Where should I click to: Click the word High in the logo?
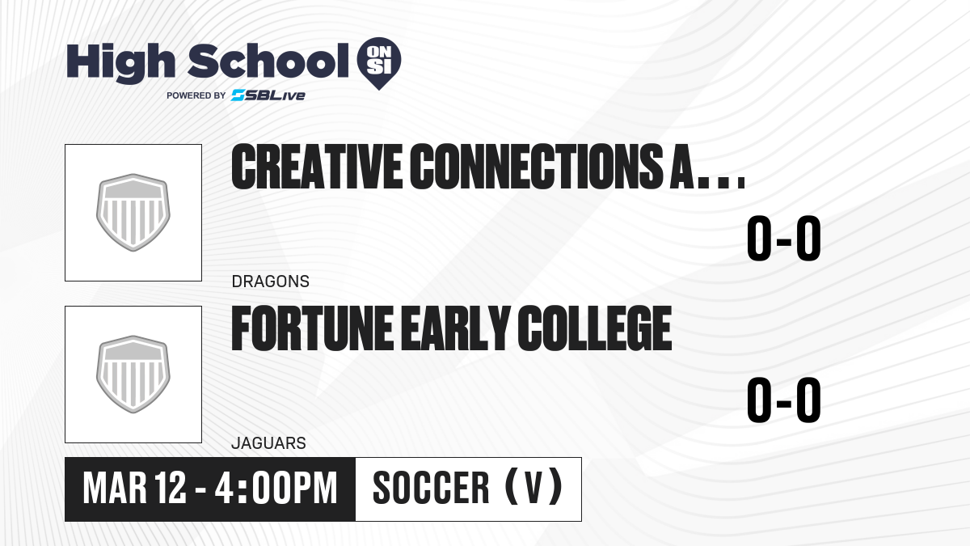tap(120, 62)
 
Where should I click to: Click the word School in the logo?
tap(268, 61)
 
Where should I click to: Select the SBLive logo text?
tap(268, 95)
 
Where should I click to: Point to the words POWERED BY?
tap(196, 95)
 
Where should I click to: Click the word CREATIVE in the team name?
tap(317, 167)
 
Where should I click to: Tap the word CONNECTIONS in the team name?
tap(535, 167)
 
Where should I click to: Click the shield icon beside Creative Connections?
tap(133, 212)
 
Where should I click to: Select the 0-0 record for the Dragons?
tap(784, 239)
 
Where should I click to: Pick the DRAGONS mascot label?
tap(271, 281)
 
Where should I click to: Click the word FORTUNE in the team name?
tap(313, 328)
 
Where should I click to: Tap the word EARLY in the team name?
tap(455, 328)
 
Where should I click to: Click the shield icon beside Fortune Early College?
tap(133, 375)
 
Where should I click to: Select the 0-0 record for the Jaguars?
tap(784, 400)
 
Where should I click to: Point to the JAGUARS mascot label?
tap(269, 443)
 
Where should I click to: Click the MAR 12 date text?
tap(135, 489)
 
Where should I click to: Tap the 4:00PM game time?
tap(276, 489)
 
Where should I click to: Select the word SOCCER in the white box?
tap(431, 489)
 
